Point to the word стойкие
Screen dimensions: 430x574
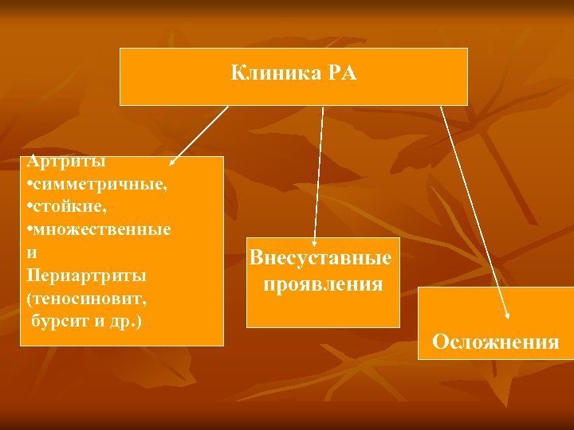tap(68, 207)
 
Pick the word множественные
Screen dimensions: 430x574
tap(101, 230)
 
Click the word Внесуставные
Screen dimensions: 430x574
tap(320, 258)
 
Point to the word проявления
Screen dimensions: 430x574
tap(322, 283)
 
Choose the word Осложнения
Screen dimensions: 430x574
tap(495, 342)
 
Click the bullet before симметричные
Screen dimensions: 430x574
tap(29, 186)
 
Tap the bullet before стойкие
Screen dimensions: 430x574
tap(29, 208)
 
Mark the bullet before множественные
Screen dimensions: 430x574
tap(29, 231)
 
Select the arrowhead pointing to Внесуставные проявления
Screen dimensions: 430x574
tap(314, 240)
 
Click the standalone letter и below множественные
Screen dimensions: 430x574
tap(30, 252)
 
